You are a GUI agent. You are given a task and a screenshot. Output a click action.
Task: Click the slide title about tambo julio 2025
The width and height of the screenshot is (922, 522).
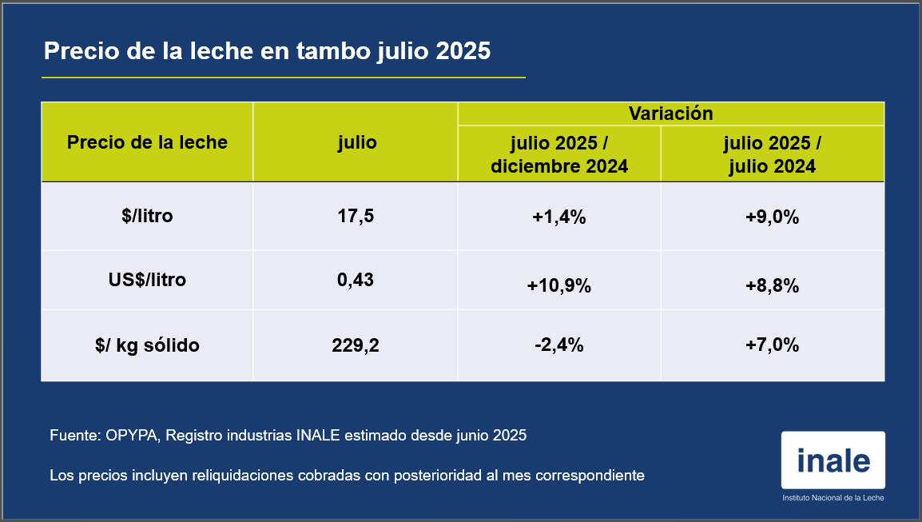coord(267,51)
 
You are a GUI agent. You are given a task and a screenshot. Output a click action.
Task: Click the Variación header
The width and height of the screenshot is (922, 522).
coord(670,113)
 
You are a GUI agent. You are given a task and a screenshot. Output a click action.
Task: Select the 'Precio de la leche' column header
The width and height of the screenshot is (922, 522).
coord(147,142)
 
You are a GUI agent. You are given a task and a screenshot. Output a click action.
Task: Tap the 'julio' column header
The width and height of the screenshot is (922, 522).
coord(356,142)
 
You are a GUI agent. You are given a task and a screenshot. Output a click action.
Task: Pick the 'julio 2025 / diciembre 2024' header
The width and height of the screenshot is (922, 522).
coord(559,154)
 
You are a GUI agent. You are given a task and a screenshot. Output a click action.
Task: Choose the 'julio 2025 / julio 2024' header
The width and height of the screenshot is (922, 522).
coord(772,154)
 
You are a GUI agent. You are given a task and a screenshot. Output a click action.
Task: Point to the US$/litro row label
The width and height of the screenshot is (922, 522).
coord(147,281)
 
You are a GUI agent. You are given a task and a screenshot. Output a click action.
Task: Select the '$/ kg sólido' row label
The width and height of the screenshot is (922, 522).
coord(147,345)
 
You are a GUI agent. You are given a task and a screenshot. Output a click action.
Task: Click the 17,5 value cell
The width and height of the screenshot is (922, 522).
coord(356,216)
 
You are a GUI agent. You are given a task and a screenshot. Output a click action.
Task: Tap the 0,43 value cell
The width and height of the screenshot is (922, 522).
coord(356,281)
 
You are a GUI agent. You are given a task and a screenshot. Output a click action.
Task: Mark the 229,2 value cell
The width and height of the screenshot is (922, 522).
coord(356,345)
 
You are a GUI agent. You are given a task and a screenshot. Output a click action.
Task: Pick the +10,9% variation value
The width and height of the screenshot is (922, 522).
coord(559,285)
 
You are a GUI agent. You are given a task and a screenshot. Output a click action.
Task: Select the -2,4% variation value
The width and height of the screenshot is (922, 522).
coord(559,345)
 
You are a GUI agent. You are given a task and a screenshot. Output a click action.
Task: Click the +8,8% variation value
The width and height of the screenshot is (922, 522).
coord(772,285)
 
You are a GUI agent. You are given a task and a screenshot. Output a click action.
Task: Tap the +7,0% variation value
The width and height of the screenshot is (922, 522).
coord(772,345)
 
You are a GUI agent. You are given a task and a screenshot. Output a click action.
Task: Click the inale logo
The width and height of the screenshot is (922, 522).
coord(833,461)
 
